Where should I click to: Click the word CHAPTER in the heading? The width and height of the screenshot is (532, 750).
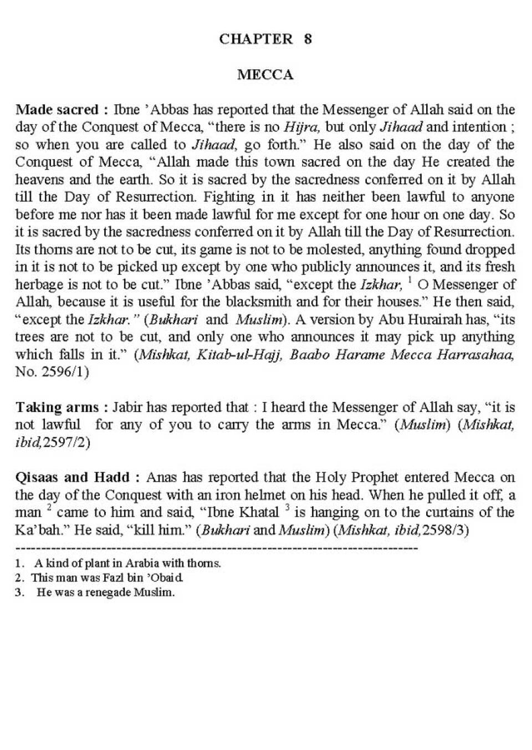255,39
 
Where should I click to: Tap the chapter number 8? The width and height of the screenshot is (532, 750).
308,39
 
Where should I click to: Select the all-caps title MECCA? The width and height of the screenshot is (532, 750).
265,75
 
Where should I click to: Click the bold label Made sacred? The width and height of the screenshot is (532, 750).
57,110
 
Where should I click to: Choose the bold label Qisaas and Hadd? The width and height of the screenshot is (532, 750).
72,477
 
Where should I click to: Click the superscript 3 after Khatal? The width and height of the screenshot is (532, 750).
288,507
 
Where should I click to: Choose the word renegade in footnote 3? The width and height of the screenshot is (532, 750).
108,592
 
